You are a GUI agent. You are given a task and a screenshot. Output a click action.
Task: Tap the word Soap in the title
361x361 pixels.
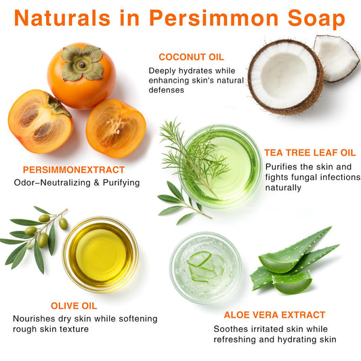(316, 19)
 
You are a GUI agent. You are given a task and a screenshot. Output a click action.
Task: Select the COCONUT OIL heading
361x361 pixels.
(191, 57)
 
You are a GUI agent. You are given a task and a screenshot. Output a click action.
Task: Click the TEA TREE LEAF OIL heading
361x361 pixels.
(310, 152)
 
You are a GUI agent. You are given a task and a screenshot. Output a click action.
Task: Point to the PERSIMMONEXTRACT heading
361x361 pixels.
(74, 170)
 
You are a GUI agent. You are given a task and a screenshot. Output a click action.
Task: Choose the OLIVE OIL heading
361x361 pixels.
(74, 306)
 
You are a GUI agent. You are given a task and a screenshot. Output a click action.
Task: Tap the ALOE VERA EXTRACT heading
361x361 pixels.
(274, 315)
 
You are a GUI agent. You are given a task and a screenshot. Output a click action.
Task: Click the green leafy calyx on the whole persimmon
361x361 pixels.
(82, 62)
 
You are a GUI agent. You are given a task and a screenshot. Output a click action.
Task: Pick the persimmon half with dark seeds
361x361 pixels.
(40, 121)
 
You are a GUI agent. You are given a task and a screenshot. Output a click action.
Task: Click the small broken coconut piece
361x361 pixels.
(336, 58)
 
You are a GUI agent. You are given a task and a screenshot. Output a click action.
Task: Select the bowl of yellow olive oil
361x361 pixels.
(101, 255)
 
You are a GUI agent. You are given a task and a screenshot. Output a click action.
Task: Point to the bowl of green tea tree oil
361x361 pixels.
(221, 166)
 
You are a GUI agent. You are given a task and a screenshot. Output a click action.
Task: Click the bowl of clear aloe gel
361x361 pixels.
(206, 268)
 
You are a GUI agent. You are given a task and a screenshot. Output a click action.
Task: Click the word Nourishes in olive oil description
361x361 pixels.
(34, 318)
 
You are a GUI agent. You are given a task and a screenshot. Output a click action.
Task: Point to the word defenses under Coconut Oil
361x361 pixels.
(166, 90)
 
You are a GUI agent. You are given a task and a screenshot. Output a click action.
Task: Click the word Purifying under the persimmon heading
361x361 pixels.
(121, 183)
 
